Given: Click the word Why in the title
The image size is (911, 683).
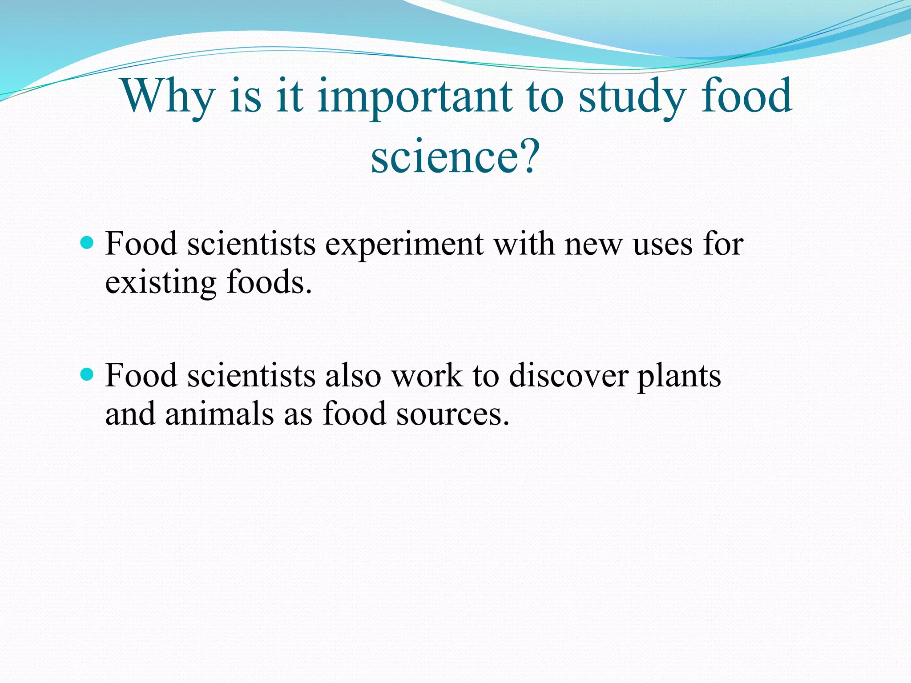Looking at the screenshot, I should (x=168, y=96).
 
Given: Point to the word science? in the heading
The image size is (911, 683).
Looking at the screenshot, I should (x=455, y=156).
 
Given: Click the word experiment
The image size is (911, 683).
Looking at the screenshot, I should (x=404, y=245).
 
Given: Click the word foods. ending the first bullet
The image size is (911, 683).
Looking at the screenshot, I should (x=269, y=282).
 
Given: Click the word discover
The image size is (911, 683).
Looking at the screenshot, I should (x=568, y=376).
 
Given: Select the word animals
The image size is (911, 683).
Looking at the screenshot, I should (x=219, y=414).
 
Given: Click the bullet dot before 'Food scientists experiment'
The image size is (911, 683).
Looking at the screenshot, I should (x=88, y=243).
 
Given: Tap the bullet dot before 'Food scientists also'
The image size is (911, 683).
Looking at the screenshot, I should (x=88, y=374).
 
